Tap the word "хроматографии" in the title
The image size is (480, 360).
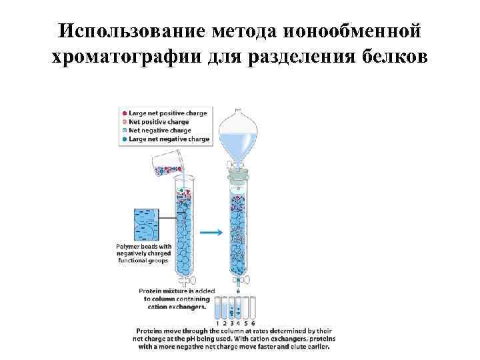128,57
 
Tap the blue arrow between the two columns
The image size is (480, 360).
211,232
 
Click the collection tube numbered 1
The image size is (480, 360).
220,309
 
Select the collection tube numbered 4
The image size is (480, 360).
239,309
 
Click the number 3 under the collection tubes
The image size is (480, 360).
233,323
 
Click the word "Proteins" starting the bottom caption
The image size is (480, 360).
151,331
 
